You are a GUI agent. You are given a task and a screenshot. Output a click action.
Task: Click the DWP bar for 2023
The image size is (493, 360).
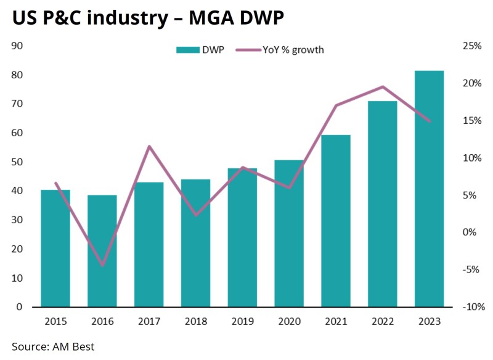(x=429, y=189)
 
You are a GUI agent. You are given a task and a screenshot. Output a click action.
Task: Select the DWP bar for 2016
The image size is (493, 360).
(x=102, y=251)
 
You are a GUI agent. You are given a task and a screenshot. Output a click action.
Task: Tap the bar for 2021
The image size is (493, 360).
(x=336, y=221)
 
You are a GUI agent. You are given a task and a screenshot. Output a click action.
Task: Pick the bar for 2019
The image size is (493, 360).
(x=242, y=237)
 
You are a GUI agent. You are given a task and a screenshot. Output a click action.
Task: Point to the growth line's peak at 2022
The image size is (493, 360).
(x=383, y=87)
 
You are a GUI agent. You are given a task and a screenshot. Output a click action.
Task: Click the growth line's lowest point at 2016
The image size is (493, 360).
(x=102, y=266)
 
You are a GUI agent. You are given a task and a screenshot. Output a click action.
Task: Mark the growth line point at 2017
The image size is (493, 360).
(x=149, y=146)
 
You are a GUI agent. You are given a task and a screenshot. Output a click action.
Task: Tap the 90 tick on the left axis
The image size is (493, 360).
(x=17, y=46)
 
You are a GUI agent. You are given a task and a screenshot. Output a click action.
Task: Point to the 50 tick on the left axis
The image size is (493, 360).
(x=17, y=162)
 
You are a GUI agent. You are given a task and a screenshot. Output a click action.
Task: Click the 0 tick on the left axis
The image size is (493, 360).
(x=20, y=307)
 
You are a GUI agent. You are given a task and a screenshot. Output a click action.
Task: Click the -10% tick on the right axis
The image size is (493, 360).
(x=472, y=307)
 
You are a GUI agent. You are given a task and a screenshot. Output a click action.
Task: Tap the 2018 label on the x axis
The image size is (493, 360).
(x=195, y=321)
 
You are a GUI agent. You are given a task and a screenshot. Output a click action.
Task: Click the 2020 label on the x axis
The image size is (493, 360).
(x=289, y=321)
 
